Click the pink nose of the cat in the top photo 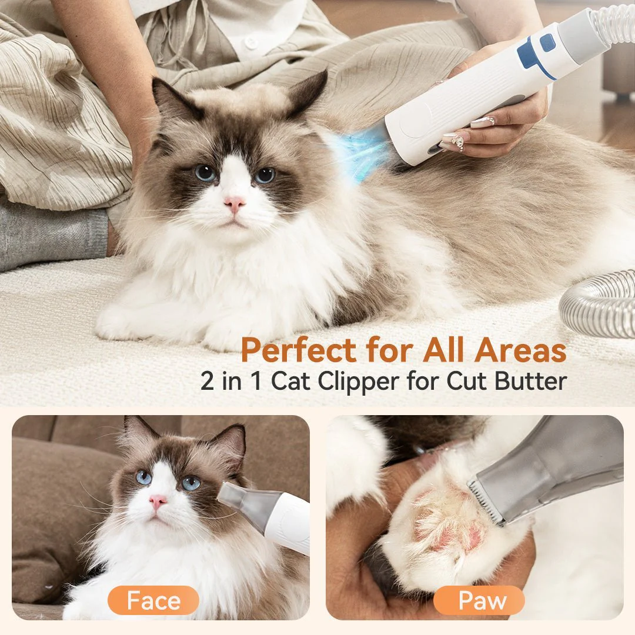click(235, 204)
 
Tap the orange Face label click(153, 600)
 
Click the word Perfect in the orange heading click(298, 350)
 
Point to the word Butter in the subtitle click(530, 380)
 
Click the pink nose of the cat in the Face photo click(157, 502)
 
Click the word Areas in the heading click(520, 350)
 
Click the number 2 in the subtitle click(208, 381)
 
